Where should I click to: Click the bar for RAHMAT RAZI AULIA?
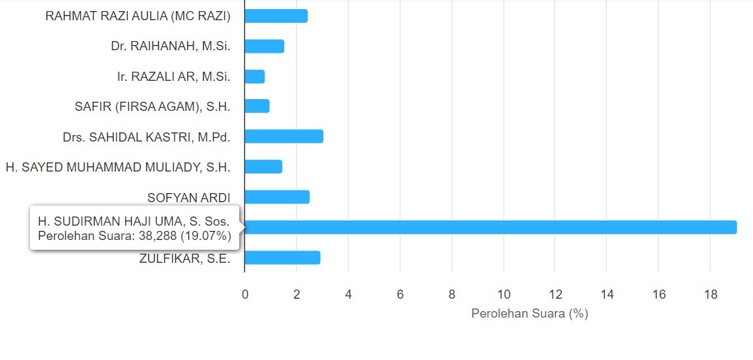pyautogui.click(x=276, y=16)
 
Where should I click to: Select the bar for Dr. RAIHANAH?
pyautogui.click(x=264, y=46)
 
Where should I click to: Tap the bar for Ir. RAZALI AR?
pyautogui.click(x=254, y=76)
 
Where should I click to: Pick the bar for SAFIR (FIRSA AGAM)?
pyautogui.click(x=257, y=106)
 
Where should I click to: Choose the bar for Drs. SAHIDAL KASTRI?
pyautogui.click(x=284, y=136)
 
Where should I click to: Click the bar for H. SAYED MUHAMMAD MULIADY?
pyautogui.click(x=263, y=167)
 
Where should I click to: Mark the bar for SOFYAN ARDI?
pyautogui.click(x=277, y=197)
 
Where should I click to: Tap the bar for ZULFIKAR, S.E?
pyautogui.click(x=282, y=258)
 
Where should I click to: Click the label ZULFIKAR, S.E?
pyautogui.click(x=185, y=258)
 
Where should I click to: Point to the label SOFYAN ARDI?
pyautogui.click(x=189, y=198)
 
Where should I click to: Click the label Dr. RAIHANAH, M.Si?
pyautogui.click(x=171, y=46)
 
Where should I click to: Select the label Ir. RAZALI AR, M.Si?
pyautogui.click(x=173, y=77)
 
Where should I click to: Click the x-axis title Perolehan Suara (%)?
pyautogui.click(x=529, y=314)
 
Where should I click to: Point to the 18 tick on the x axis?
pyautogui.click(x=711, y=295)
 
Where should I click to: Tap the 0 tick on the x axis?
pyautogui.click(x=245, y=295)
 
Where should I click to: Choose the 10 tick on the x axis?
pyautogui.click(x=503, y=295)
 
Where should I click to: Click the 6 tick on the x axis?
pyautogui.click(x=400, y=295)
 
